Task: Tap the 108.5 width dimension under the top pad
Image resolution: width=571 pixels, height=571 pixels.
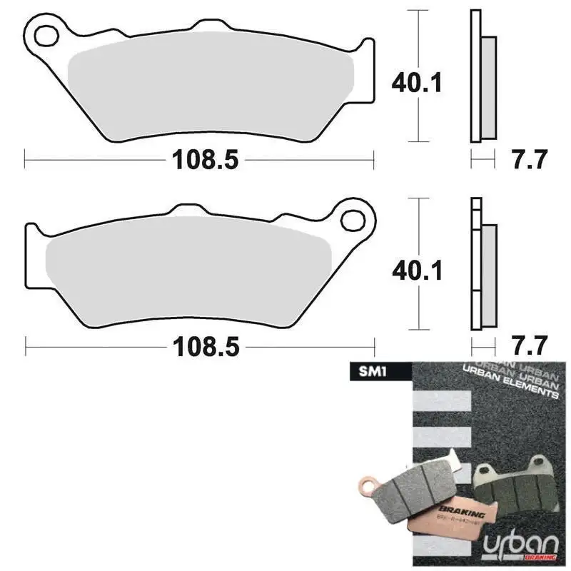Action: click(x=203, y=160)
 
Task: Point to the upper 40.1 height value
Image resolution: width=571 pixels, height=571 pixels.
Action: click(x=417, y=84)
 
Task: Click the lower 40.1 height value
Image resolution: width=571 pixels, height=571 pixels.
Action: click(x=417, y=271)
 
